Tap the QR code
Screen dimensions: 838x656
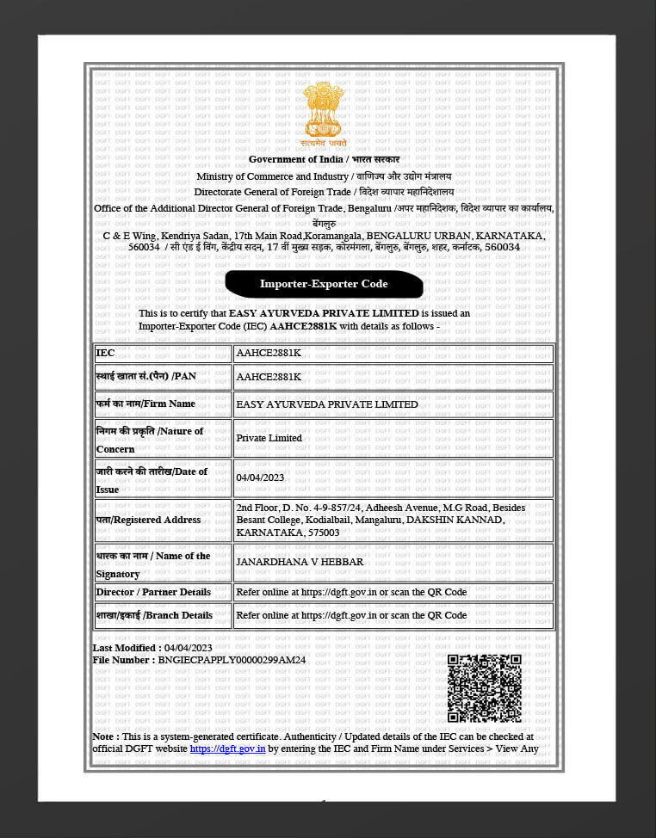484,688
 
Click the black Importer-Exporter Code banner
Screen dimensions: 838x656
324,284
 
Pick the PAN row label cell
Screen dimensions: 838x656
162,377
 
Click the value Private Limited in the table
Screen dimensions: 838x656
269,438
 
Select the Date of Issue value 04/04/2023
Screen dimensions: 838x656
260,478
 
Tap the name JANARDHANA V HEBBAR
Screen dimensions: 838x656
300,562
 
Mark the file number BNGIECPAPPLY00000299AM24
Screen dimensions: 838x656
232,660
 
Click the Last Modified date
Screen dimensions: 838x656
188,648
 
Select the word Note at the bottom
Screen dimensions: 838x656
104,737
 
